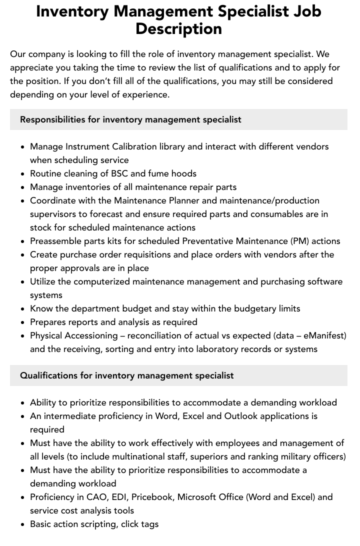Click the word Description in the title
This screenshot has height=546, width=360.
pyautogui.click(x=178, y=28)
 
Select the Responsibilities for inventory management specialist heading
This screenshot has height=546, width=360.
pyautogui.click(x=130, y=119)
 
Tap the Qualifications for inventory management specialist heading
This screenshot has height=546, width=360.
pyautogui.click(x=126, y=375)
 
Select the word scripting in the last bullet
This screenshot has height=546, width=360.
pyautogui.click(x=105, y=524)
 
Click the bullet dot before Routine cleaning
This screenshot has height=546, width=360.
pyautogui.click(x=23, y=174)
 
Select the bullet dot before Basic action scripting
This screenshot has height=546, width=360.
pyautogui.click(x=23, y=524)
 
